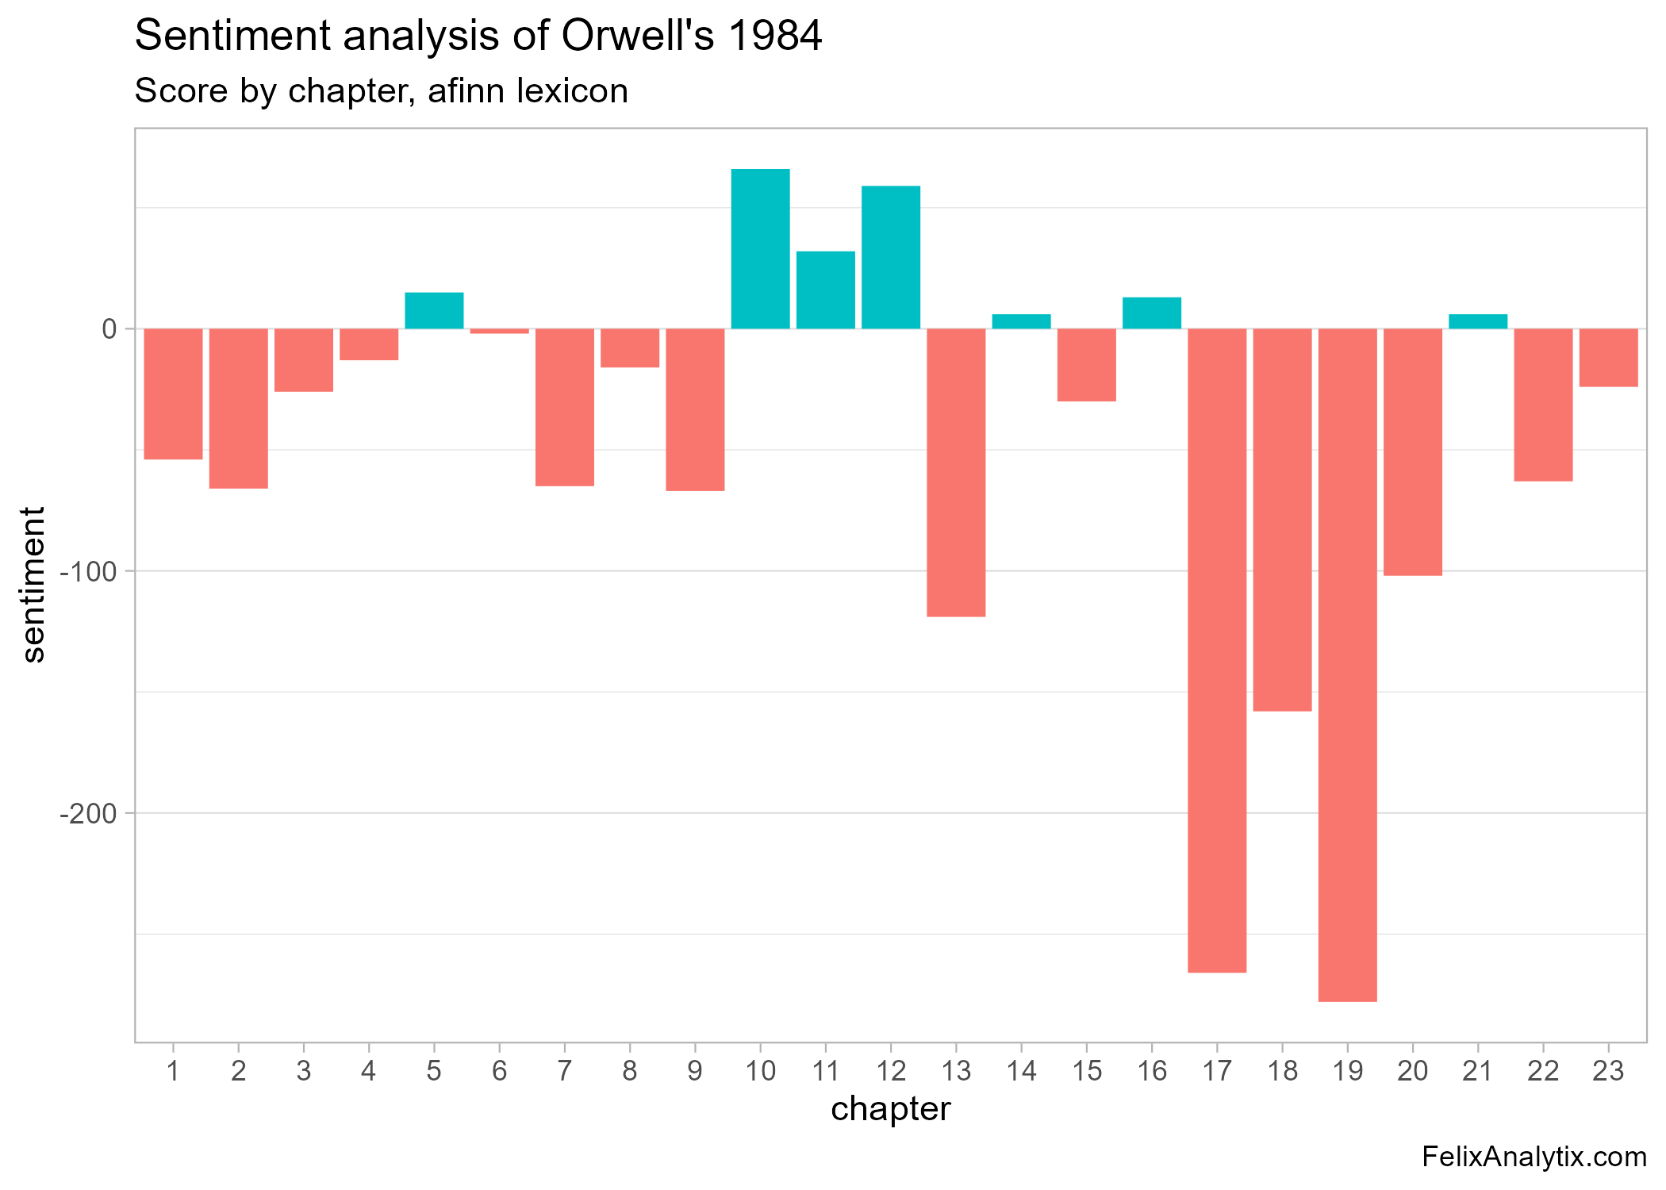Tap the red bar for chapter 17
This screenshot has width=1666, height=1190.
tap(1217, 651)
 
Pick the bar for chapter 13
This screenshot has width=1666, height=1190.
tap(956, 472)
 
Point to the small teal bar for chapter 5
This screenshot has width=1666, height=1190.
tap(434, 310)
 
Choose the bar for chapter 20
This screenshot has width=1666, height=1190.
tap(1412, 451)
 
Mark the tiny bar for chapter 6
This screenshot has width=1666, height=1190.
tap(499, 331)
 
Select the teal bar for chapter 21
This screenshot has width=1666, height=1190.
tap(1477, 321)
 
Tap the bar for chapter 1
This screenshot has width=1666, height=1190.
tap(173, 393)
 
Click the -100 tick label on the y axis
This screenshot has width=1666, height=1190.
tap(88, 571)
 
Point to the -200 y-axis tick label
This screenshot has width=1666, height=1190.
tap(88, 813)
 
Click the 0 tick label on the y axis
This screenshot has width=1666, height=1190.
tap(109, 329)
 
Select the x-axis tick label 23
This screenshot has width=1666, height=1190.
tap(1608, 1072)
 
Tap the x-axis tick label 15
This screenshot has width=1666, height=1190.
tap(1087, 1072)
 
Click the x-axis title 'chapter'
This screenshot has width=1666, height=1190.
tap(890, 1109)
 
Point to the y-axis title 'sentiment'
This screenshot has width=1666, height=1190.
tap(33, 585)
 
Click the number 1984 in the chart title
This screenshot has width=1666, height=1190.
tap(775, 36)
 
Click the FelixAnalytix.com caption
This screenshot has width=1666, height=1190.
tap(1534, 1157)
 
